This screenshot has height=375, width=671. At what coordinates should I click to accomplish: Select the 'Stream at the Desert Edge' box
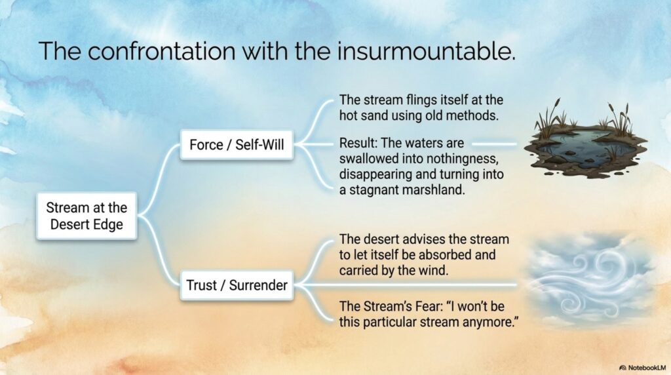(87, 216)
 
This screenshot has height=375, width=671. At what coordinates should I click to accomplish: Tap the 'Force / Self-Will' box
(237, 145)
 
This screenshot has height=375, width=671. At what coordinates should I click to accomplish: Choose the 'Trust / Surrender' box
(237, 285)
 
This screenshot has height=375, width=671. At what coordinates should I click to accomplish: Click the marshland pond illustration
(585, 140)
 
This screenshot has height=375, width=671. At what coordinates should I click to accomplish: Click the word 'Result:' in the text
(358, 142)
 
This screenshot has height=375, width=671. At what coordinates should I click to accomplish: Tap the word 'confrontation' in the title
(162, 51)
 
